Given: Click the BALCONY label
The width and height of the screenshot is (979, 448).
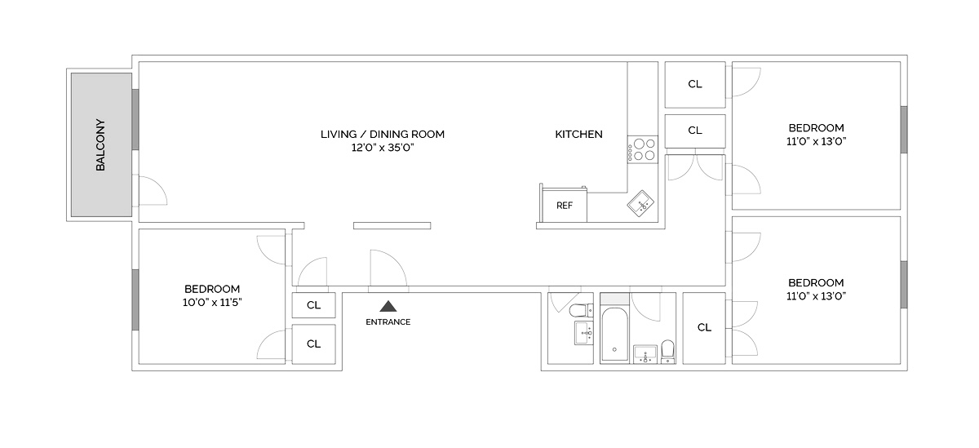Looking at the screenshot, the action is tap(101, 145).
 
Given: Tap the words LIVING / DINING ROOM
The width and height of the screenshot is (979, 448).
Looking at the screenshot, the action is tap(383, 134).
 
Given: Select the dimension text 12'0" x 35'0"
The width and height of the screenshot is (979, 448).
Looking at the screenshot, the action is tap(383, 149).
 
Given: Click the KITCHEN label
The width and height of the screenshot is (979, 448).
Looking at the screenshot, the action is tap(578, 134).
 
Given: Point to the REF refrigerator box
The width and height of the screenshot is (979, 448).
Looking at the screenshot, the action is tap(565, 206).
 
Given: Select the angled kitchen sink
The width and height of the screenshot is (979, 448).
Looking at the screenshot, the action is tap(642, 202).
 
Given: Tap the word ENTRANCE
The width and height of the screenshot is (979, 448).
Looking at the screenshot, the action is tap(388, 322).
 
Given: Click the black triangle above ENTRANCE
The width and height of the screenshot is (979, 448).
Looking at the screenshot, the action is tap(388, 307).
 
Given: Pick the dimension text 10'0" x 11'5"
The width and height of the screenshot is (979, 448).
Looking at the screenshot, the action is tap(212, 302).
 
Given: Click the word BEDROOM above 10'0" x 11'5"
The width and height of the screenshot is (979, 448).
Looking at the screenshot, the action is tap(212, 289).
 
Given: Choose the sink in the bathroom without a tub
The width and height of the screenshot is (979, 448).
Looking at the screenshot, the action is tap(583, 332).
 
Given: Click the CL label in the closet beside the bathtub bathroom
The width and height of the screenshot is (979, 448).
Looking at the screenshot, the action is tap(704, 327).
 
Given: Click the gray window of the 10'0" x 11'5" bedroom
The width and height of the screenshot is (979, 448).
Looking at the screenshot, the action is tap(135, 299).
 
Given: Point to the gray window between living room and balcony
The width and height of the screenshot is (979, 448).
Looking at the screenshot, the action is tap(135, 119).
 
